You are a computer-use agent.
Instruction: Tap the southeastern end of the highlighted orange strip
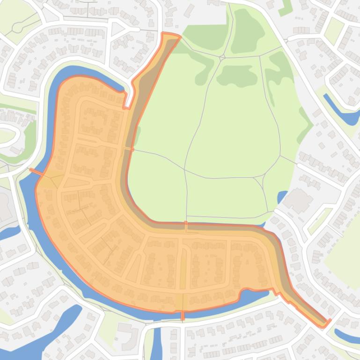(x=326, y=323)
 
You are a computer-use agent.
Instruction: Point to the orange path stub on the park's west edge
(x=128, y=149)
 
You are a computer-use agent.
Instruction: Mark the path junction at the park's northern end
(x=222, y=57)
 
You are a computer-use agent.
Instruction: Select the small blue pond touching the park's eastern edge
(x=282, y=196)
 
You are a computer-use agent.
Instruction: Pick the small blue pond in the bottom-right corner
(x=347, y=336)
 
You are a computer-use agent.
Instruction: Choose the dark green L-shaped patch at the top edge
(x=285, y=7)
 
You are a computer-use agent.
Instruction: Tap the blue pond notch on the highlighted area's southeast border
(x=255, y=294)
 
